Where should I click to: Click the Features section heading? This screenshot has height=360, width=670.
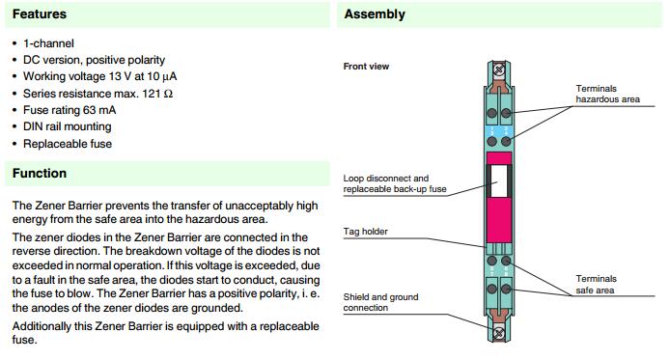(40, 14)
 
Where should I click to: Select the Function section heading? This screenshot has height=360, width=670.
(40, 173)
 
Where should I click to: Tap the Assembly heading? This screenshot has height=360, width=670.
(375, 14)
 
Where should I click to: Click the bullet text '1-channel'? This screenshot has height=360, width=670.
(48, 43)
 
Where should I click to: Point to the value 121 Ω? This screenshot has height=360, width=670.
(157, 94)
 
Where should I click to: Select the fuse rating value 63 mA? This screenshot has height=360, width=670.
(99, 110)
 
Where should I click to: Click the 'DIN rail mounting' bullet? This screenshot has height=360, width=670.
(67, 126)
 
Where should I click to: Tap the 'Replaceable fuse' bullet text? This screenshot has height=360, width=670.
(68, 144)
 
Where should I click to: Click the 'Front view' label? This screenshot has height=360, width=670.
(366, 67)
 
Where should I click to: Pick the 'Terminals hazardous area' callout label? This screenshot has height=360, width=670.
(607, 94)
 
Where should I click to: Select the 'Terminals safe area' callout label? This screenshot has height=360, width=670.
(596, 285)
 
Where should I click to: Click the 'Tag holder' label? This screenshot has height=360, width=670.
(365, 232)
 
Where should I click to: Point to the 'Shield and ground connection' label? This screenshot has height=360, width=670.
(380, 302)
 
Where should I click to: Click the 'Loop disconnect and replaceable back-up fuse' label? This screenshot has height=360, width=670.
(395, 183)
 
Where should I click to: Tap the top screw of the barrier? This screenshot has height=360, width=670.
(499, 69)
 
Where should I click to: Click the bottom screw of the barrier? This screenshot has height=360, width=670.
(499, 333)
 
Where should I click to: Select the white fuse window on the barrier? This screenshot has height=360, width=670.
(499, 181)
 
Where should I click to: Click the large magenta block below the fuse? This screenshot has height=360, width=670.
(499, 220)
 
